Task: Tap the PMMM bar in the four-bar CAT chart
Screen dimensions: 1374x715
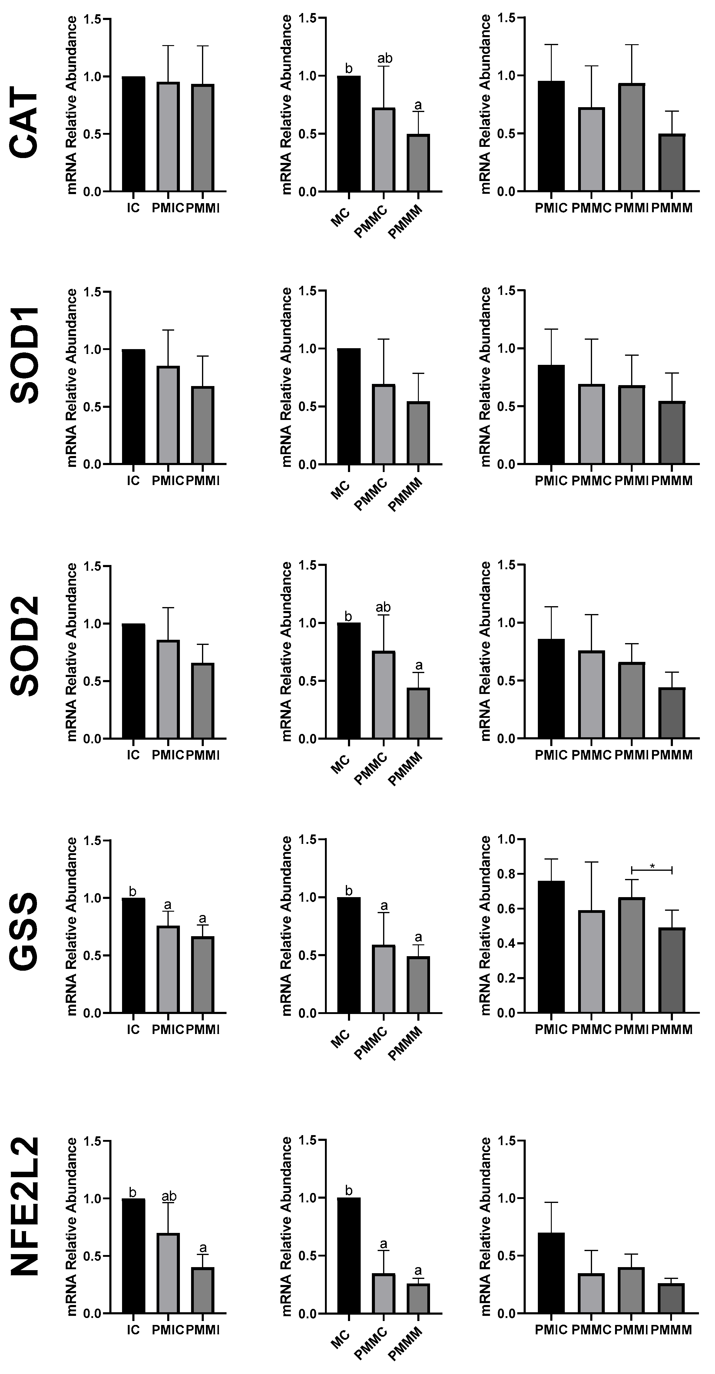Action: pos(672,163)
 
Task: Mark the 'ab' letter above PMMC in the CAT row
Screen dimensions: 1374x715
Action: pos(384,58)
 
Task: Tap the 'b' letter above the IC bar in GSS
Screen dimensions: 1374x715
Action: pos(133,891)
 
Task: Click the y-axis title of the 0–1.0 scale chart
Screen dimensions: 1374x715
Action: pos(485,925)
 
